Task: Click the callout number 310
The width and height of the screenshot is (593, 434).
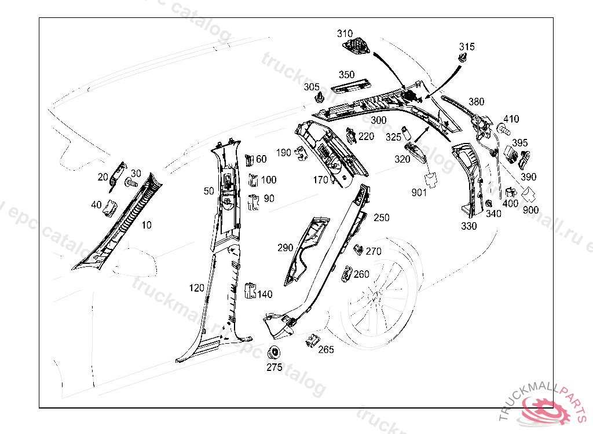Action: coord(345,34)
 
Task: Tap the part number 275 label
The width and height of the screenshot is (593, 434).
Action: coord(274,367)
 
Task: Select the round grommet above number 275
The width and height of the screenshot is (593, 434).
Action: coord(273,352)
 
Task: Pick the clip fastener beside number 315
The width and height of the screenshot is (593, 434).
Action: coord(463,58)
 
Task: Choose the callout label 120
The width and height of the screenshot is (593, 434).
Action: coord(196,288)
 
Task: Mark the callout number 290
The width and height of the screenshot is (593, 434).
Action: coord(285,248)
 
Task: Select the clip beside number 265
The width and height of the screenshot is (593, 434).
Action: coord(313,341)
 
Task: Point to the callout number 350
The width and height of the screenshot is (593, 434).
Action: coord(347,75)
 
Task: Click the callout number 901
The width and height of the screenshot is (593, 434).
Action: coord(419,192)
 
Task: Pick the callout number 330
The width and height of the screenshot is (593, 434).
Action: coord(469,226)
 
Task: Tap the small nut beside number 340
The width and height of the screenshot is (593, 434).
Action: coord(489,203)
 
